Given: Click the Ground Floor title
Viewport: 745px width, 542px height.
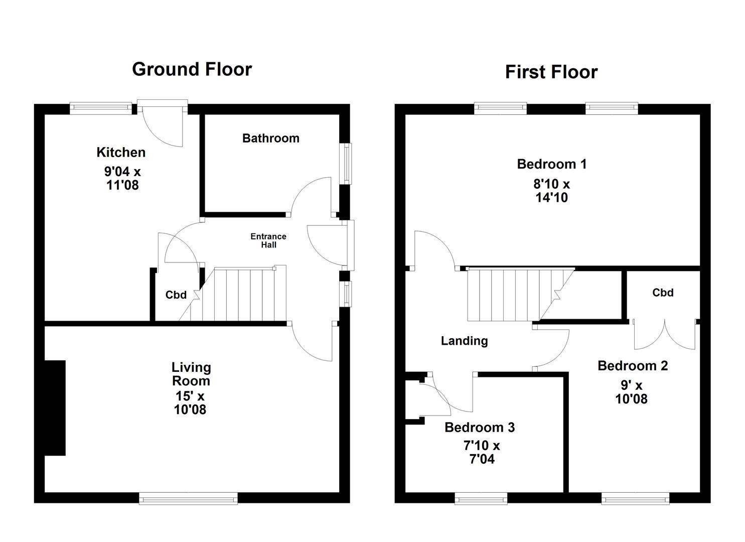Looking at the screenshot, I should click(x=192, y=69).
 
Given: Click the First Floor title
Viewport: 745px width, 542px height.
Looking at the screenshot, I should click(x=551, y=72).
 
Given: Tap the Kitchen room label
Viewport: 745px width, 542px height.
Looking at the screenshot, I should click(x=121, y=152).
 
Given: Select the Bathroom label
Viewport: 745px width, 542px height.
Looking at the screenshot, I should click(x=270, y=138).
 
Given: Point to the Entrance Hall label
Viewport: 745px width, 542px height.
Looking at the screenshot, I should click(x=268, y=240).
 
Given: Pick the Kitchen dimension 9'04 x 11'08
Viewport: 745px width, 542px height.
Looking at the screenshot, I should click(x=122, y=178).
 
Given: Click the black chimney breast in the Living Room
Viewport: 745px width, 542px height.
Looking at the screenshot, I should click(x=55, y=408).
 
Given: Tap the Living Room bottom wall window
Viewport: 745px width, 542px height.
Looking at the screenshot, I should click(x=188, y=498).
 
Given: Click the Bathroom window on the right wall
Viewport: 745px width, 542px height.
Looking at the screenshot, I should click(x=346, y=163).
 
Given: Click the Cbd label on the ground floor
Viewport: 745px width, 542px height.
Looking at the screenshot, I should click(x=176, y=295).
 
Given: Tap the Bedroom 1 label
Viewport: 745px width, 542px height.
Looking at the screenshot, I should click(x=551, y=164).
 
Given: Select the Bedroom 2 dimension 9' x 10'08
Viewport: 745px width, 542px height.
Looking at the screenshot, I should click(x=631, y=392).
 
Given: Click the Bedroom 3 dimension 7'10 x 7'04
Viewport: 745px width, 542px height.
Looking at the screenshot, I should click(x=481, y=452).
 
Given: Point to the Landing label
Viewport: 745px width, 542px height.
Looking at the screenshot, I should click(x=464, y=341).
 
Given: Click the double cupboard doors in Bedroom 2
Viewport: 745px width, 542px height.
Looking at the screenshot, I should click(x=665, y=334).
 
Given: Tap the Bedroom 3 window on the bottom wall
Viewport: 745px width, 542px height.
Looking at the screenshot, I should click(x=481, y=498).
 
